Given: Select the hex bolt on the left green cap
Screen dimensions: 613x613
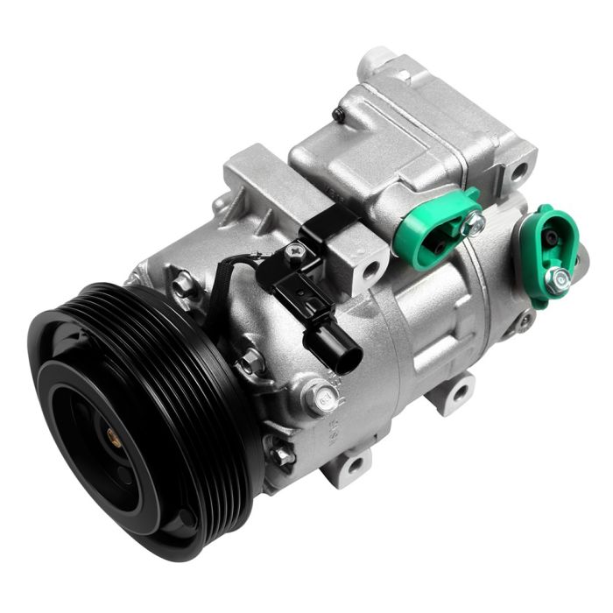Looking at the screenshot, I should click(475, 225).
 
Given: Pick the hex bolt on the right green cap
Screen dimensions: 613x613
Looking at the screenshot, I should click(557, 279).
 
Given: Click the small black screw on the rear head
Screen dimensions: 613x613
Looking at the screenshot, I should click(339, 114).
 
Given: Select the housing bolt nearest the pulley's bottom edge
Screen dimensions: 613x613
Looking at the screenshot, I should click(281, 454).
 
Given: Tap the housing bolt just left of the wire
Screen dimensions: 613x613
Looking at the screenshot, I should click(184, 284).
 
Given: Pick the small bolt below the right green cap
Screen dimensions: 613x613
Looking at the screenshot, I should click(525, 321).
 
